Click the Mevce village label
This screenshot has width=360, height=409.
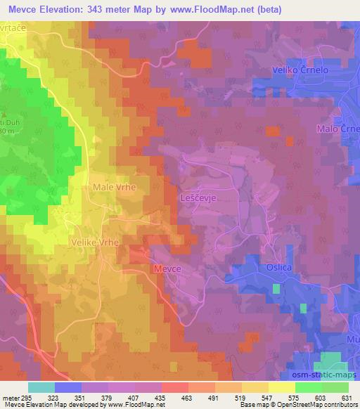click(168, 269)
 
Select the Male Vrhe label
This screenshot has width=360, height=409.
click(114, 188)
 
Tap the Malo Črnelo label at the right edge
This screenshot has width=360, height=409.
click(337, 130)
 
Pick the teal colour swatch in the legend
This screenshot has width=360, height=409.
click(41, 387)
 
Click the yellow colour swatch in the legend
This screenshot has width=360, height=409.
click(281, 387)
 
